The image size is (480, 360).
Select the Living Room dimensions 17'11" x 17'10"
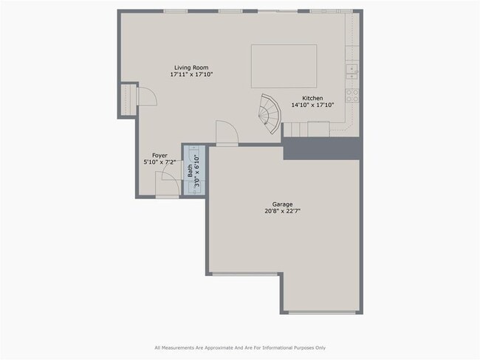point(191,75)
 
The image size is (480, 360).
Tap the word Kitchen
point(312,98)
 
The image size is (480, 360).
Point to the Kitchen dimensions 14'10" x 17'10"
point(312,105)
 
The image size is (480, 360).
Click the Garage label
point(282,204)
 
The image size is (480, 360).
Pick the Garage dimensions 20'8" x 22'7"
point(282,211)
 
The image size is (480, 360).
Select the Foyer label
point(160,155)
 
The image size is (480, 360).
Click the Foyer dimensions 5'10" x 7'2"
point(160,162)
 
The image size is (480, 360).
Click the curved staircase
point(270,113)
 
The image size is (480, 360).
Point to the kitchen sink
point(352,71)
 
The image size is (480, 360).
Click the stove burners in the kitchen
point(352,95)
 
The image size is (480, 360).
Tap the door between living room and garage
point(227,134)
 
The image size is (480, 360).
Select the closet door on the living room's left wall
point(145,96)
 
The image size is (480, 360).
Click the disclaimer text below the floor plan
point(239,347)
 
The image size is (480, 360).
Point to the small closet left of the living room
point(128,98)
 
